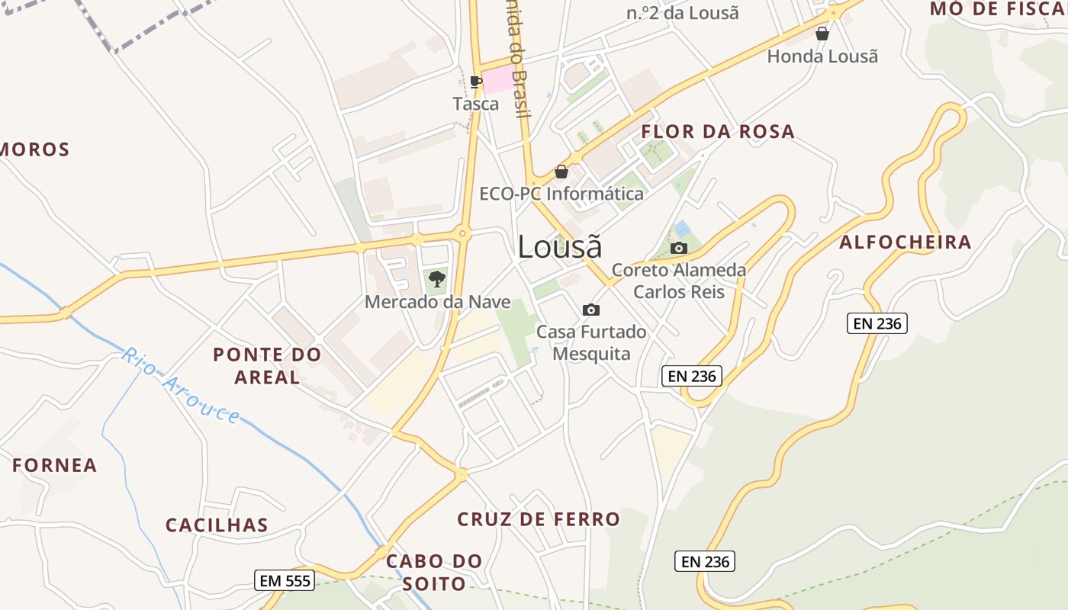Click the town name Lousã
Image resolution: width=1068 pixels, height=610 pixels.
pyautogui.click(x=559, y=246)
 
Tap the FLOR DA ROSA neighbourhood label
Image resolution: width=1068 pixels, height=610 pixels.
pyautogui.click(x=718, y=132)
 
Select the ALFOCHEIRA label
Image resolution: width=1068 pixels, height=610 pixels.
pyautogui.click(x=906, y=242)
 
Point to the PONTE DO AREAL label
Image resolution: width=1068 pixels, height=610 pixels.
pyautogui.click(x=267, y=365)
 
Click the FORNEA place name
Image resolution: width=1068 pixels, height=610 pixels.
pyautogui.click(x=55, y=465)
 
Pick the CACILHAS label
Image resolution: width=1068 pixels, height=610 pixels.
pyautogui.click(x=217, y=525)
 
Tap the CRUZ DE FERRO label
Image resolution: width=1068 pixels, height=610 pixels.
pyautogui.click(x=539, y=519)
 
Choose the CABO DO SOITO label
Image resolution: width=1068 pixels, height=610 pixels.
pyautogui.click(x=434, y=573)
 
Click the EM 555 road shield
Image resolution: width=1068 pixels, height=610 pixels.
pyautogui.click(x=285, y=581)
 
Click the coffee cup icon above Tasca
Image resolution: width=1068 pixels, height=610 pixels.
pyautogui.click(x=476, y=82)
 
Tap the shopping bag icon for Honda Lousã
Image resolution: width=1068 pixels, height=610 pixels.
pyautogui.click(x=822, y=34)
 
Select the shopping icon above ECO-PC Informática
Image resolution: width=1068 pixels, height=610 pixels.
pyautogui.click(x=561, y=172)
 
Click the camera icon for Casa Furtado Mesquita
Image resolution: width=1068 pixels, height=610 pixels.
pyautogui.click(x=590, y=310)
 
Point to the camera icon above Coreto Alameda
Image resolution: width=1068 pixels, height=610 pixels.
pyautogui.click(x=678, y=248)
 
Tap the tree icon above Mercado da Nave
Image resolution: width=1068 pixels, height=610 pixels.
pyautogui.click(x=436, y=278)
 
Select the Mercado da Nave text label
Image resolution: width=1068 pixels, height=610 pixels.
pyautogui.click(x=437, y=301)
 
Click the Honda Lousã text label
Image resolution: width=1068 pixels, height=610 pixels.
pyautogui.click(x=822, y=56)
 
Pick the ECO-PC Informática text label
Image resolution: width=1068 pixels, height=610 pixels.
pyautogui.click(x=561, y=194)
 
